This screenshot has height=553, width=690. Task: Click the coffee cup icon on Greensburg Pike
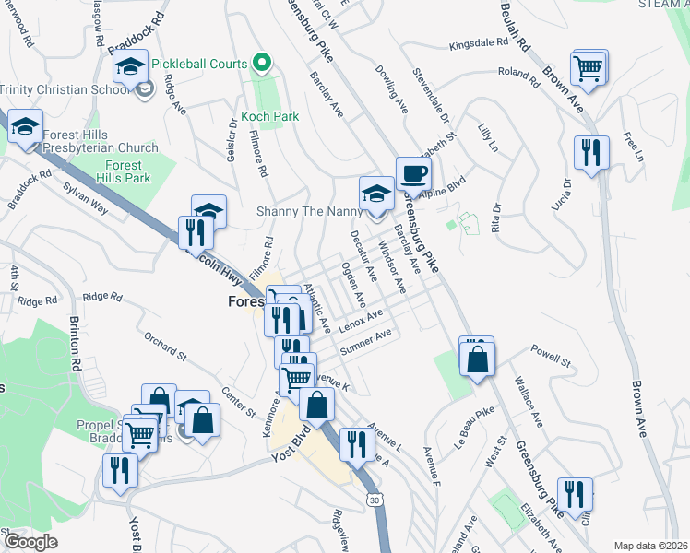[412, 173]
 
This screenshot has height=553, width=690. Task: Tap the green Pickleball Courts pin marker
[262, 64]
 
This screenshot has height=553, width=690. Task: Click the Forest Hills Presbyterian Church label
[100, 141]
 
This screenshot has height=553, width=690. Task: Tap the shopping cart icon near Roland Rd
[589, 67]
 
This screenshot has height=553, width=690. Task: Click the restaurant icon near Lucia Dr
[590, 151]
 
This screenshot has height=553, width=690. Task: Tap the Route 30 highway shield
[372, 499]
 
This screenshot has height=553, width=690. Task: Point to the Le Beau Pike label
[471, 432]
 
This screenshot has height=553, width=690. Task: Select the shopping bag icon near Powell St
[476, 360]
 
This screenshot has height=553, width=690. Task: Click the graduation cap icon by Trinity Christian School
[131, 67]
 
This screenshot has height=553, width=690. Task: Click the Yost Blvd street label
[288, 446]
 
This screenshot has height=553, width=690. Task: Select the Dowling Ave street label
[391, 88]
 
